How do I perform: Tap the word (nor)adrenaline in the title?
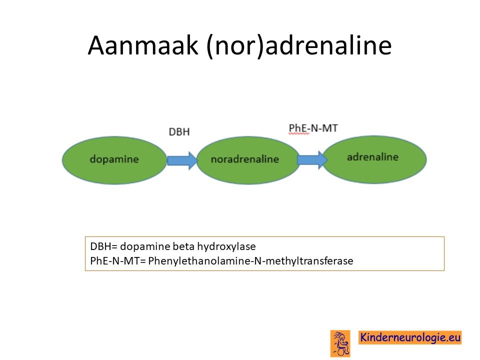pyautogui.click(x=299, y=45)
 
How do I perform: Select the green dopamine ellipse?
pyautogui.click(x=114, y=160)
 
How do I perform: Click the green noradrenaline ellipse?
pyautogui.click(x=248, y=160)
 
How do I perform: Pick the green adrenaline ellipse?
pyautogui.click(x=374, y=159)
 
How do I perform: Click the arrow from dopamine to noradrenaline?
pyautogui.click(x=182, y=160)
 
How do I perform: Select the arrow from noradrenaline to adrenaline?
pyautogui.click(x=312, y=160)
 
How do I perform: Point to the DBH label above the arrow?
pyautogui.click(x=179, y=132)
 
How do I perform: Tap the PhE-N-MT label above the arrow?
pyautogui.click(x=313, y=128)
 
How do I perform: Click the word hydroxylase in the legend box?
pyautogui.click(x=226, y=246)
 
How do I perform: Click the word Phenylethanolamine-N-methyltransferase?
pyautogui.click(x=250, y=261)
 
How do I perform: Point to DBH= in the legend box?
pyautogui.click(x=104, y=246)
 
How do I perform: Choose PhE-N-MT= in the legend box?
pyautogui.click(x=118, y=261)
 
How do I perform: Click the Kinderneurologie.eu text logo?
pyautogui.click(x=410, y=337)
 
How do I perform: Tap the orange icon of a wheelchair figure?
pyautogui.click(x=340, y=343)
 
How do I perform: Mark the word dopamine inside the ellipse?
pyautogui.click(x=114, y=159)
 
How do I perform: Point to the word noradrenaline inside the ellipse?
pyautogui.click(x=245, y=159)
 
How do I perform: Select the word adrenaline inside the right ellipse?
pyautogui.click(x=372, y=157)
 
